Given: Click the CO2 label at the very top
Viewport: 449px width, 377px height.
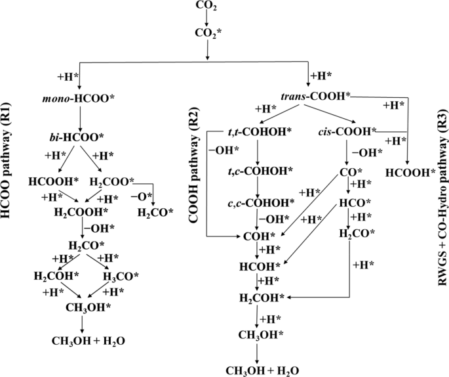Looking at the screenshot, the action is click(x=206, y=5).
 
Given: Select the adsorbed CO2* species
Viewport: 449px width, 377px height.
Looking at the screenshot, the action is click(x=208, y=33).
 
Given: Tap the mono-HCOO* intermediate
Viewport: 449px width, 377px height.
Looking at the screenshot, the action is click(x=78, y=99).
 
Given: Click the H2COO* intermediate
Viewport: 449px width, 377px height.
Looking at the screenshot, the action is click(x=112, y=182).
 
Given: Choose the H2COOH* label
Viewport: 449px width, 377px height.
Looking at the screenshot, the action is click(x=81, y=212).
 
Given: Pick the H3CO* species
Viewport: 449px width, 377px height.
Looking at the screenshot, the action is click(x=121, y=277).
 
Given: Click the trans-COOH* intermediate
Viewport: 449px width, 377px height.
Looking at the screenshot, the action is click(x=315, y=97).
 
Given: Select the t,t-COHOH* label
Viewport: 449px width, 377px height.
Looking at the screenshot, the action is click(x=257, y=132).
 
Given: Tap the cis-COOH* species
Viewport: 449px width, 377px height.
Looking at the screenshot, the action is click(x=347, y=132).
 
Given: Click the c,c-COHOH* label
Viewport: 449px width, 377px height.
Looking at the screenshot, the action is click(x=261, y=202).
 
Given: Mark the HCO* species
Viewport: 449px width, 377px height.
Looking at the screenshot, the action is click(x=355, y=203).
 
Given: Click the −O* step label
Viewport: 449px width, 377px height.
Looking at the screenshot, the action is click(x=142, y=196).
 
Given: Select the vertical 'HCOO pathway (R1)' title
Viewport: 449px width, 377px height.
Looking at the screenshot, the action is click(x=6, y=162).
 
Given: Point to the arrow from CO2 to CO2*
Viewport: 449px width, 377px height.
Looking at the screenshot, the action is click(x=206, y=19).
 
